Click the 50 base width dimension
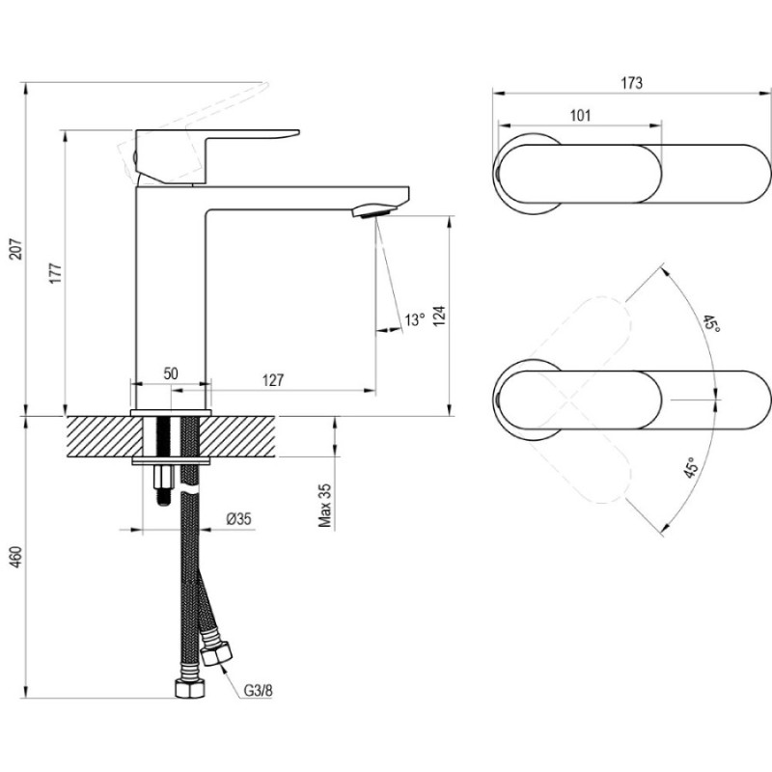point(171,373)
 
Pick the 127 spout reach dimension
point(273,380)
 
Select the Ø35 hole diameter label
point(238,519)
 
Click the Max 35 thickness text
point(325,506)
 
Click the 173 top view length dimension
point(631,83)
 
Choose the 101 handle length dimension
point(580,116)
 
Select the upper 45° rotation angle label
point(711,324)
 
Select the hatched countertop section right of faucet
point(241,436)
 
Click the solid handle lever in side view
point(217,146)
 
